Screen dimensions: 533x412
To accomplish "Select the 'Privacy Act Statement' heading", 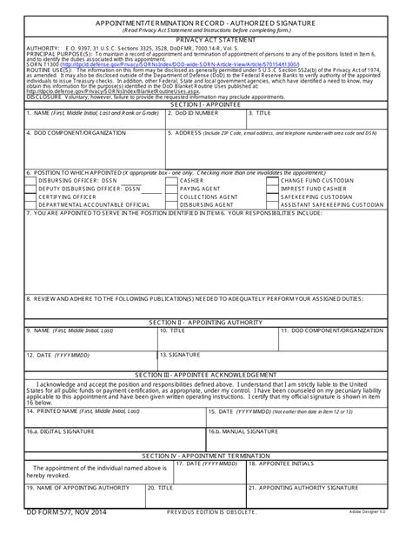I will coord(206,40).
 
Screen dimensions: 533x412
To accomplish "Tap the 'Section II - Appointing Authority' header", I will coord(206,323).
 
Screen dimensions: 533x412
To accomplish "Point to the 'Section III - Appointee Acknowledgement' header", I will coord(206,376).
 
